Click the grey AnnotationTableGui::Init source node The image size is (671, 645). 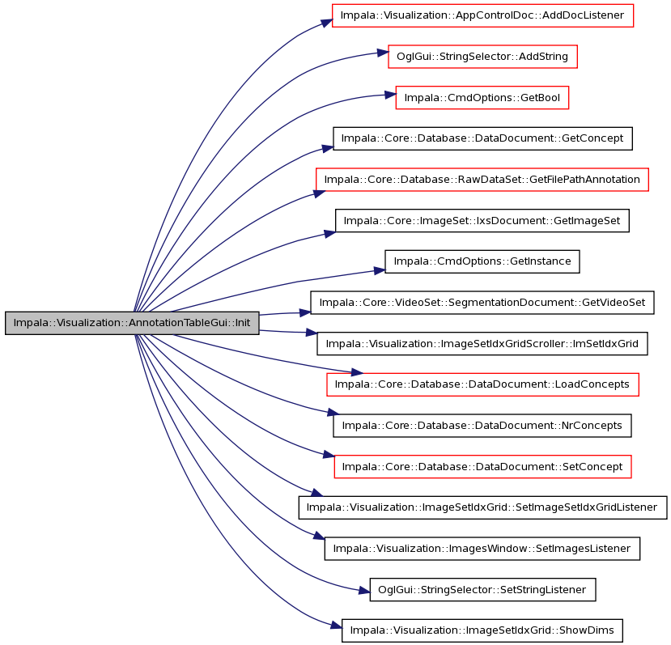click(x=132, y=323)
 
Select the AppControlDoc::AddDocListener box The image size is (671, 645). click(x=482, y=15)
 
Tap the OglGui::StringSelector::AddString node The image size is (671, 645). click(x=482, y=57)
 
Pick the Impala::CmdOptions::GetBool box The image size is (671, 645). click(x=482, y=98)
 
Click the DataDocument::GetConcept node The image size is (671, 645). click(x=482, y=138)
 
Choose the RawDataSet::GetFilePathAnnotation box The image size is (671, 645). click(x=482, y=180)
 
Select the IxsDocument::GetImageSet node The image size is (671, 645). click(x=482, y=221)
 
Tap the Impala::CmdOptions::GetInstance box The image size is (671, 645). click(x=482, y=261)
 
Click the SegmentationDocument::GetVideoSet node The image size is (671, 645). click(x=482, y=303)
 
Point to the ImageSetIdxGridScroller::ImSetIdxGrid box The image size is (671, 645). click(x=482, y=344)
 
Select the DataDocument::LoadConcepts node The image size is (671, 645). click(x=482, y=384)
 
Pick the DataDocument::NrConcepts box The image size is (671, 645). click(x=482, y=426)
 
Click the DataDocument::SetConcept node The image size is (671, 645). click(x=482, y=466)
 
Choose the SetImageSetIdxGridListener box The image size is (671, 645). click(x=482, y=507)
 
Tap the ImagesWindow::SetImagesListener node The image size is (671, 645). click(x=482, y=549)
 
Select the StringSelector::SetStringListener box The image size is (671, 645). click(x=482, y=590)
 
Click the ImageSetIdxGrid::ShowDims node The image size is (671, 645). click(x=482, y=630)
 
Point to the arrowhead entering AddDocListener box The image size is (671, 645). click(x=327, y=23)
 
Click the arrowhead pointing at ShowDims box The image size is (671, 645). click(x=337, y=626)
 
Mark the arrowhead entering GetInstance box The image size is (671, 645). click(x=380, y=270)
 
